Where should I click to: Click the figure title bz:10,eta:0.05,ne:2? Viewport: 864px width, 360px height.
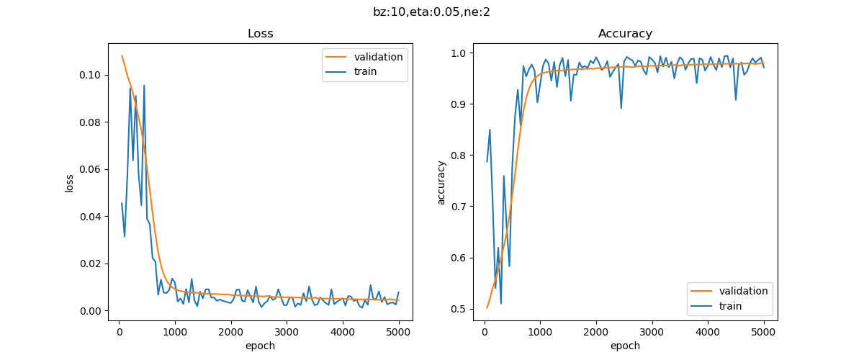[x=432, y=12]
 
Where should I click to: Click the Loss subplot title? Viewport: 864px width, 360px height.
[x=260, y=34]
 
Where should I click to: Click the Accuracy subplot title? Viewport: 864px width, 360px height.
[x=625, y=34]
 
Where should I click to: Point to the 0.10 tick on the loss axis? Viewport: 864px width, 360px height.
[x=93, y=75]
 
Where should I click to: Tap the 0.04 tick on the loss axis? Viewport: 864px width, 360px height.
[x=93, y=217]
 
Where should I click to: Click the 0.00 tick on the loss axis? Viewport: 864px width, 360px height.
[x=93, y=311]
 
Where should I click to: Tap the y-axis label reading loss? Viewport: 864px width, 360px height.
[x=70, y=182]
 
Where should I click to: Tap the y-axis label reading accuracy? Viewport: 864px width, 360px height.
[x=441, y=182]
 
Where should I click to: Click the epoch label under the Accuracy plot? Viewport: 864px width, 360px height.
[x=625, y=346]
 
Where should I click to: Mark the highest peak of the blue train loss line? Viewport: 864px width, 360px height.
[x=144, y=86]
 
